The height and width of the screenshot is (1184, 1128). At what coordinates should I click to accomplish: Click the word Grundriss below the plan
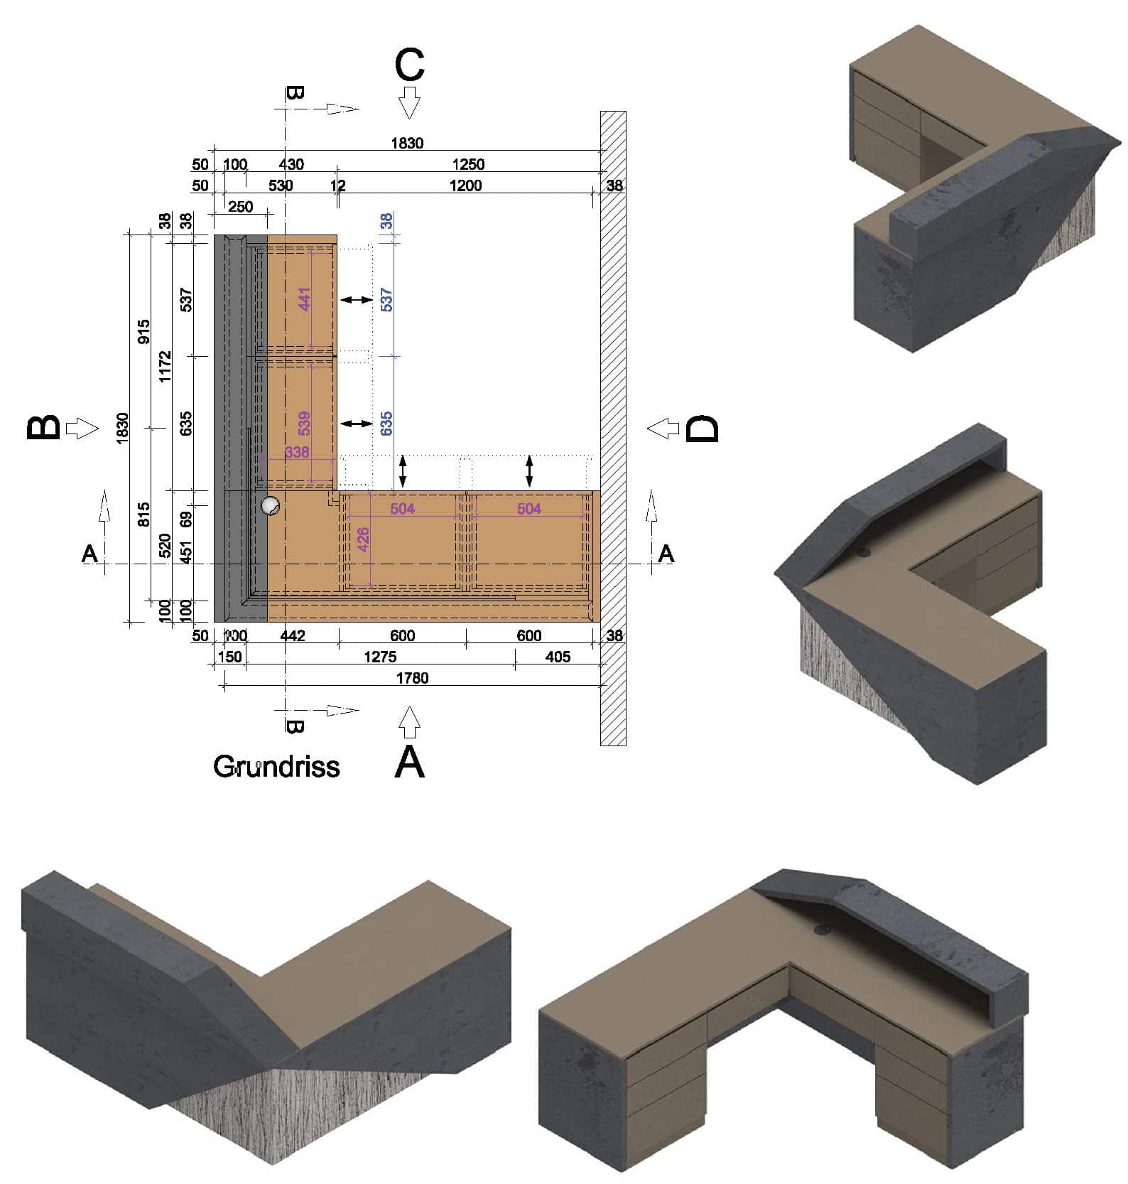point(276,766)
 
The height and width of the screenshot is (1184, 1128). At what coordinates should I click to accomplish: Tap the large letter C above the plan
point(410,65)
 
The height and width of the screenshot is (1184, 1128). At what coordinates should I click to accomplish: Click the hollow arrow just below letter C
point(409,102)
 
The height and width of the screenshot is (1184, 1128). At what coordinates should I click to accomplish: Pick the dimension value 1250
point(468,164)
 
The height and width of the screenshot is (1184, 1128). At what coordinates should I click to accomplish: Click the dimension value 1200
point(465,185)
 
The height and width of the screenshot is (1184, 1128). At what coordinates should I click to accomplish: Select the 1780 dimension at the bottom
point(412,678)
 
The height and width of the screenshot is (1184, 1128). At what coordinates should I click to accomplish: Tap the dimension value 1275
point(380,657)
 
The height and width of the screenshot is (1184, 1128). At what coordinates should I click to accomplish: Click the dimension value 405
point(558,657)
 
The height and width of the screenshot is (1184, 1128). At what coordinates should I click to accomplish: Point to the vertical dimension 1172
point(165,366)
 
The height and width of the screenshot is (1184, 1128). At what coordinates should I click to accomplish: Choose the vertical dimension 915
point(143,332)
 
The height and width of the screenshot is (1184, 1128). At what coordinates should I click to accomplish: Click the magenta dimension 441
point(305,299)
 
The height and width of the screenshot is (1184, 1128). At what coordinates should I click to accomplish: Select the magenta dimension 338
point(297,452)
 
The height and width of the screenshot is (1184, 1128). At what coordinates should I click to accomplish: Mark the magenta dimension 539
point(305,424)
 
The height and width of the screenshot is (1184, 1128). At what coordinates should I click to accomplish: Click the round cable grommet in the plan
point(270,505)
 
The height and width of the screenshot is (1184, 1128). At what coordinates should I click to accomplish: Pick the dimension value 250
point(241,207)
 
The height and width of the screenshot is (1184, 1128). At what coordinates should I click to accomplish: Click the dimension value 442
point(292,635)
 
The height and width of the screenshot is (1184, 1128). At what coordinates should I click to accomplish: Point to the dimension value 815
point(143,514)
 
